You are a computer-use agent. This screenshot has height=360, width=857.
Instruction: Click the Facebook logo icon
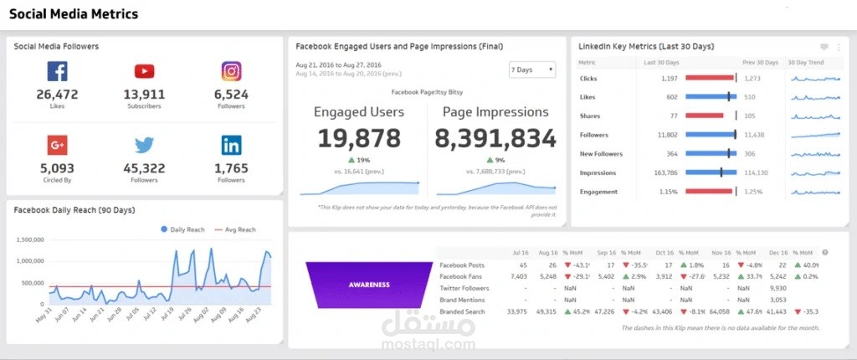click(57, 72)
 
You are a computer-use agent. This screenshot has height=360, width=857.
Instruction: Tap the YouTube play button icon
click(144, 72)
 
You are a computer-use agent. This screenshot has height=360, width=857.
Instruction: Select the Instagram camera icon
click(231, 72)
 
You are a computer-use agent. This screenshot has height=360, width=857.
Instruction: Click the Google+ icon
click(57, 146)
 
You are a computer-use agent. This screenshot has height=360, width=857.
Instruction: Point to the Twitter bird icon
click(144, 146)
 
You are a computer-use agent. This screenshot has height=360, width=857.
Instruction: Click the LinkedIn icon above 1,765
click(231, 146)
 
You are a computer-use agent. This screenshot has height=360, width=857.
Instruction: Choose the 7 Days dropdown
click(532, 69)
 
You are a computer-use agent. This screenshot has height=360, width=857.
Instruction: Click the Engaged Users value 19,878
click(358, 138)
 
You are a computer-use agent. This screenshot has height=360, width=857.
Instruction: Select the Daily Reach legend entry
click(184, 229)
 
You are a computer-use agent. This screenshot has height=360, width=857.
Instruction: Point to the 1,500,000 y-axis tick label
click(30, 239)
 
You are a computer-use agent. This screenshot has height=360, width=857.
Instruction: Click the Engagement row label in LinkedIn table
click(598, 192)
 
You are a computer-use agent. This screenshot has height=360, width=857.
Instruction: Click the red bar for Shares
click(704, 116)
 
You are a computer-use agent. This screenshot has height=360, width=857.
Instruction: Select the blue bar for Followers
click(710, 135)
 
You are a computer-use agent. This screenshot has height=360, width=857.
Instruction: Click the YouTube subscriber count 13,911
click(144, 95)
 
